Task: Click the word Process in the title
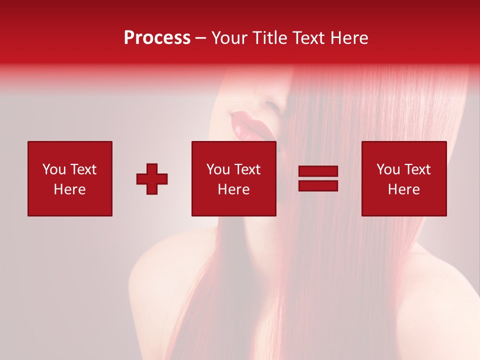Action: (157, 38)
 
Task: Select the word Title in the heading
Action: (269, 38)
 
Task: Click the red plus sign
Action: (152, 179)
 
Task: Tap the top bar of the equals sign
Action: (318, 171)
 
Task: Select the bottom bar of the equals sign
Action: (318, 185)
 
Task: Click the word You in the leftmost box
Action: (54, 169)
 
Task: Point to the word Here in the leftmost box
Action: (69, 189)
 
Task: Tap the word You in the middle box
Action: (218, 169)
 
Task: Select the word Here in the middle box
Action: (233, 189)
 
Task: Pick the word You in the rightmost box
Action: (388, 169)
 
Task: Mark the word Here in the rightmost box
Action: (403, 189)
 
